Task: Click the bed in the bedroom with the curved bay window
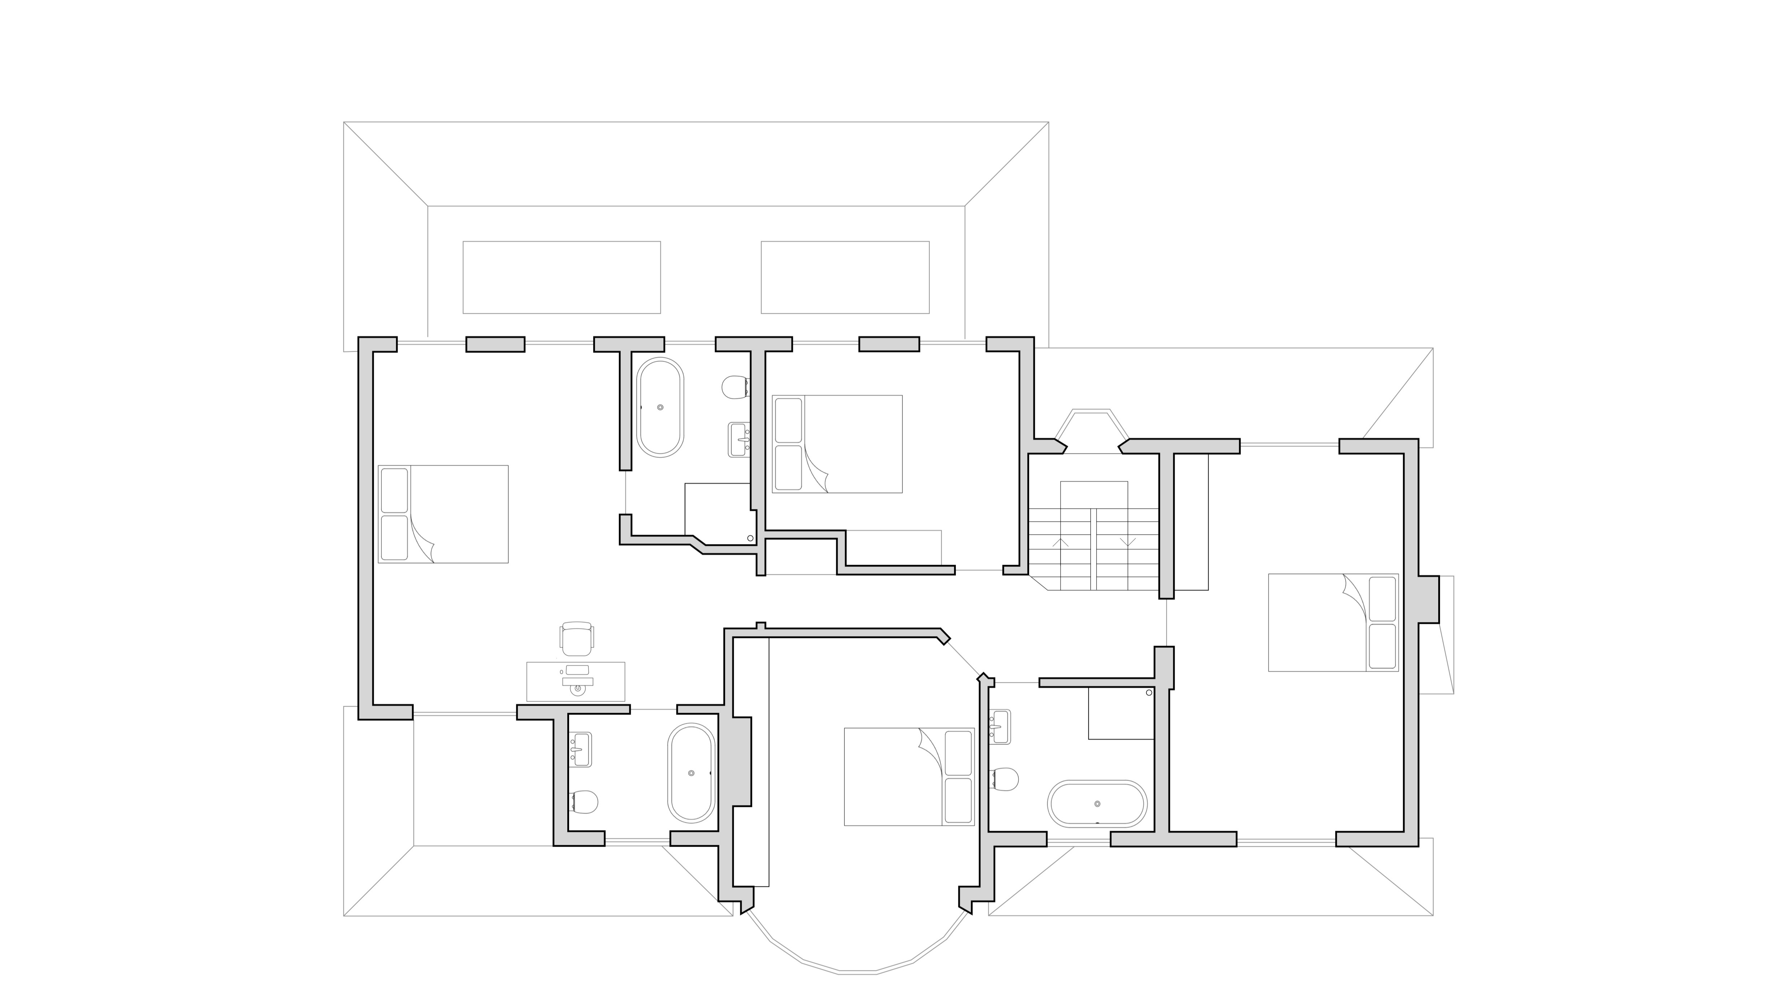909,777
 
